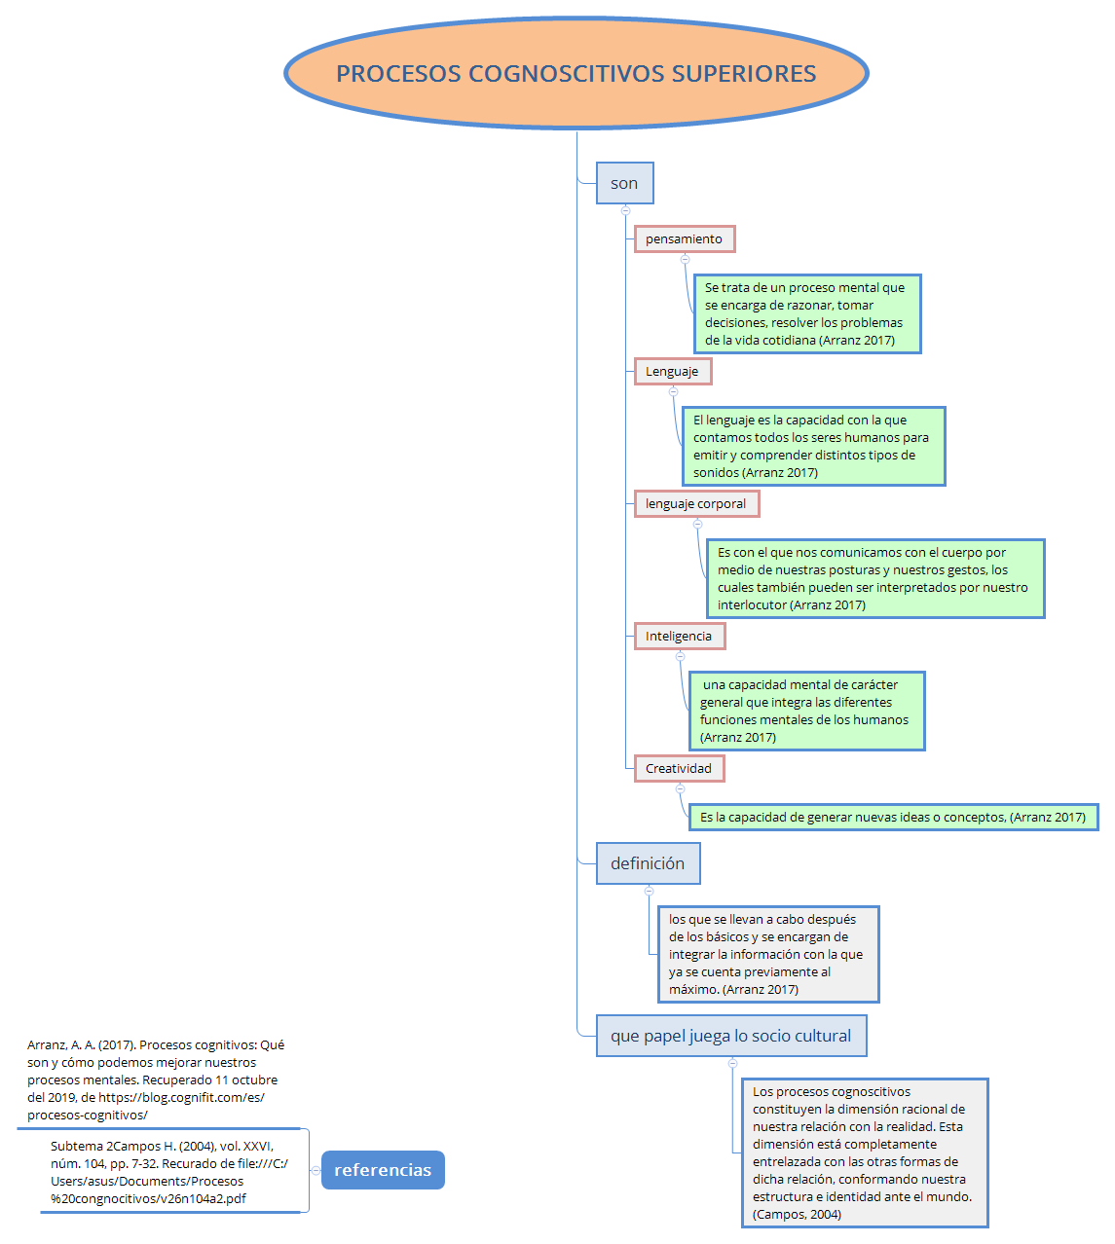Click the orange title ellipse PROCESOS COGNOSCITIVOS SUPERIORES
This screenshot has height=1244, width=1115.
point(576,74)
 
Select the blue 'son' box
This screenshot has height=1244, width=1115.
point(624,183)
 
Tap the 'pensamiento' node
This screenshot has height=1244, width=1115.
point(684,239)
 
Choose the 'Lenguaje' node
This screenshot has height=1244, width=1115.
point(672,372)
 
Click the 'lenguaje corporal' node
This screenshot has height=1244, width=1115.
point(695,504)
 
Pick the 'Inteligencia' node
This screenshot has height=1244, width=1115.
point(679,637)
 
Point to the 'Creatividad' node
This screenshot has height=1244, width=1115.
point(679,769)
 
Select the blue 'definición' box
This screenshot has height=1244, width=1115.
point(648,863)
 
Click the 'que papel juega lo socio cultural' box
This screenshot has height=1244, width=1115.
point(730,1037)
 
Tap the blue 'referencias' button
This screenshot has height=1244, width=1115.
point(383,1170)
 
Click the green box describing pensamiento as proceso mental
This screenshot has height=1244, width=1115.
point(806,314)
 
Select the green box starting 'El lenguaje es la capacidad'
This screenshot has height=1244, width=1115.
point(812,447)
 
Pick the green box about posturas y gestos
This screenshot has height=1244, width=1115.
point(874,579)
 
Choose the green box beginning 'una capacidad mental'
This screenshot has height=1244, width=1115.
point(805,712)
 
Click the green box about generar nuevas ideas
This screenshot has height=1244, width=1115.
point(893,818)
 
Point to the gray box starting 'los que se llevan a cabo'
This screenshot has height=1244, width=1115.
point(767,955)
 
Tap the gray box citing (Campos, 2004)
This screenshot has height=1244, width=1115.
point(864,1153)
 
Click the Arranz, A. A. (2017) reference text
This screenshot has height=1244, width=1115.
point(156,1079)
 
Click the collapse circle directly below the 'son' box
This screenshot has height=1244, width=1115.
point(625,210)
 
